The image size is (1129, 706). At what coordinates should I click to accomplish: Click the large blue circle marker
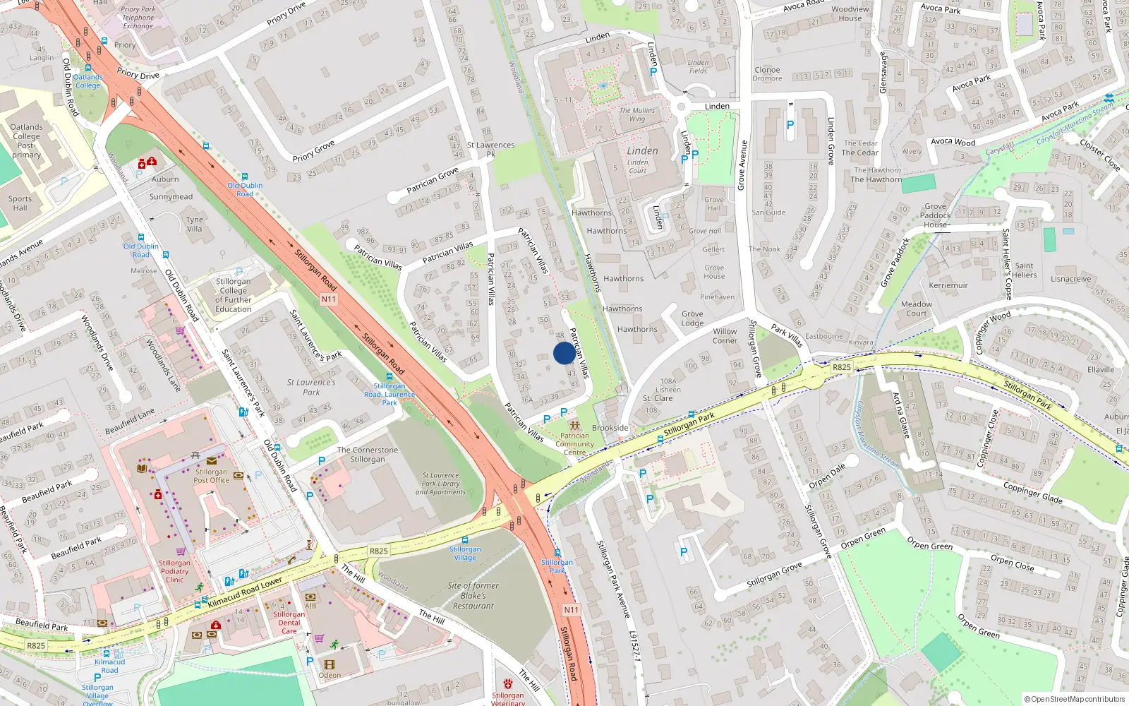coord(564,353)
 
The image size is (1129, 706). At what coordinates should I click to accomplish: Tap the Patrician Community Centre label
coord(574,443)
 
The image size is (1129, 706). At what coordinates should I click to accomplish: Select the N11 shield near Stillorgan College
coord(329,299)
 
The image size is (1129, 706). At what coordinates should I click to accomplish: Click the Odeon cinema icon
coord(329,664)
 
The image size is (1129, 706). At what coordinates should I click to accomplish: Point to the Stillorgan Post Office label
coord(212,476)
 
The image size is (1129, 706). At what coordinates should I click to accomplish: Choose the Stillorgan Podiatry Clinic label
coord(174,571)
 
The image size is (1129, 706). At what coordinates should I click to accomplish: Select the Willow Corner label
coord(725,335)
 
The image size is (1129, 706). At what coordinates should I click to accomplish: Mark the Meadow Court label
coord(916,309)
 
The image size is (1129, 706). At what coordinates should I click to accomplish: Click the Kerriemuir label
coord(948,285)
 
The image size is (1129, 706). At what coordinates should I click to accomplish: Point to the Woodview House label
coord(850,13)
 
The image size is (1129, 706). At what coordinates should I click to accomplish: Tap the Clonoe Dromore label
coord(767,73)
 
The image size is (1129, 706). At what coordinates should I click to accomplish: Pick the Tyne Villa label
coord(194,224)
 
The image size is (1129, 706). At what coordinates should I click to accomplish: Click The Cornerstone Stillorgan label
coord(368,454)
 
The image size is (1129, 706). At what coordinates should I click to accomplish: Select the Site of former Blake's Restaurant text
coord(473,595)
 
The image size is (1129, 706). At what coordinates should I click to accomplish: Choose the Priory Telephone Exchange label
coord(138,18)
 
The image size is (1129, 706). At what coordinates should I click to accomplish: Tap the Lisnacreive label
coord(1070,279)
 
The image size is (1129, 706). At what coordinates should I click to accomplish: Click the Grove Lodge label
coord(692,318)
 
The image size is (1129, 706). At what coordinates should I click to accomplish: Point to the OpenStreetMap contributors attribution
coord(1075,699)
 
